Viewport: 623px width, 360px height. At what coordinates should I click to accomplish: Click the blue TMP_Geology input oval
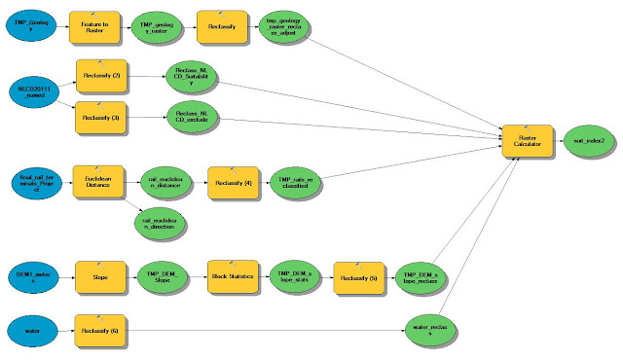click(34, 26)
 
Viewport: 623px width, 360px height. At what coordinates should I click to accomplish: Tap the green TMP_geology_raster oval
click(162, 26)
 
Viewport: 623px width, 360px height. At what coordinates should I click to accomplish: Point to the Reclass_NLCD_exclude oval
click(192, 119)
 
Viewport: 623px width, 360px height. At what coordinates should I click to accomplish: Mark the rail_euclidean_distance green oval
click(161, 182)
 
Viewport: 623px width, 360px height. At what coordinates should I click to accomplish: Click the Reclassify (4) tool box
click(233, 182)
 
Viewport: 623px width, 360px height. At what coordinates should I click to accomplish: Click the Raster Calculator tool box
click(527, 140)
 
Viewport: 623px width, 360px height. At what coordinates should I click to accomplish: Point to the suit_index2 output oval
click(588, 140)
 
